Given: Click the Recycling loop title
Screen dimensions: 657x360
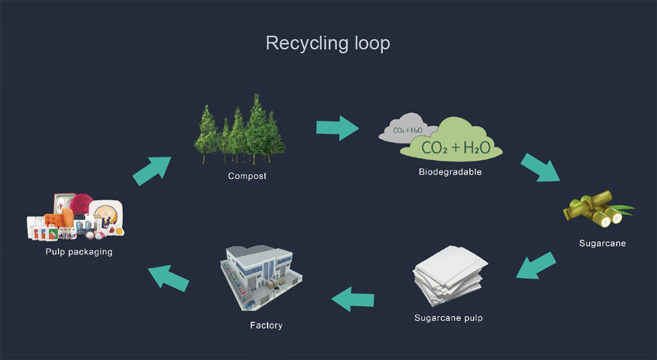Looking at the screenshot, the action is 327,43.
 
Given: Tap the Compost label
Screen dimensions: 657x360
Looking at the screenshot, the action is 247,176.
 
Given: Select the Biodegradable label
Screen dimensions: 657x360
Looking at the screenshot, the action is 450,171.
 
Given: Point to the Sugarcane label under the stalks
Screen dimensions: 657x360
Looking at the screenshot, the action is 602,243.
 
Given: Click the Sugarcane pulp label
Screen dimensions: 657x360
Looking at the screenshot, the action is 448,318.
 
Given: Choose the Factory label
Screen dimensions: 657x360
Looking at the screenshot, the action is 266,325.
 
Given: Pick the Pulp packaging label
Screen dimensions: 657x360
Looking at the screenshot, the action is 79,252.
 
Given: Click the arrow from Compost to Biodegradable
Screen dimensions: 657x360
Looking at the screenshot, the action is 338,128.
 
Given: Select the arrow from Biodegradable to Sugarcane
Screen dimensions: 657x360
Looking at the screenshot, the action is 540,168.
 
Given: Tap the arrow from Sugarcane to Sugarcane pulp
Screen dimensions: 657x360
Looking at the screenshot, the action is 536,265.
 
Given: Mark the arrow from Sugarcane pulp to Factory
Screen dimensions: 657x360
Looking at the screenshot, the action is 353,299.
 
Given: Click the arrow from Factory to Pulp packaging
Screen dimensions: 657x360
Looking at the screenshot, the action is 169,278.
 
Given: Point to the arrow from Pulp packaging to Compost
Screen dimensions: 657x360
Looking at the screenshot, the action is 152,171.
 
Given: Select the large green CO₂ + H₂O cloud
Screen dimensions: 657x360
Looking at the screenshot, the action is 452,141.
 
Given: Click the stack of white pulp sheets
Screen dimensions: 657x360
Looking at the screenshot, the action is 449,276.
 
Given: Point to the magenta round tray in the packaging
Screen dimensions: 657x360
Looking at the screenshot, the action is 81,203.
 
